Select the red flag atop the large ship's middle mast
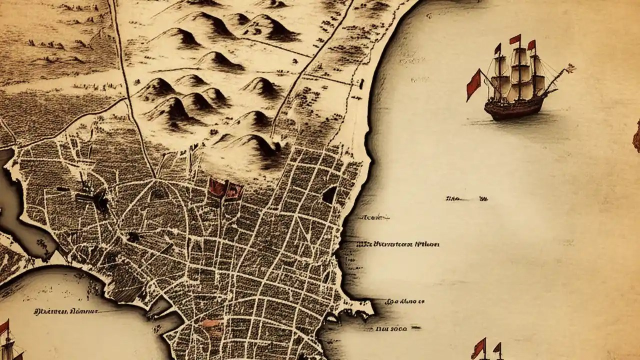[515, 39]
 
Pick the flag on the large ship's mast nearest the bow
[531, 45]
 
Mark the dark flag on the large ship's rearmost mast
[498, 49]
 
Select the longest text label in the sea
[398, 244]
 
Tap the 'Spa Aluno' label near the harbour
[405, 302]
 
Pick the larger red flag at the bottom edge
[478, 348]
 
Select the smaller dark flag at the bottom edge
[497, 347]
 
